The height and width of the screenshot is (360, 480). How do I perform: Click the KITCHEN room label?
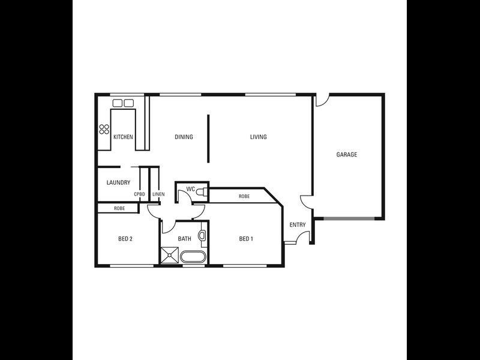123,137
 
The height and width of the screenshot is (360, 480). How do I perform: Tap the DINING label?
184,137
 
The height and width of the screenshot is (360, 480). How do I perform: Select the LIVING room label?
259,137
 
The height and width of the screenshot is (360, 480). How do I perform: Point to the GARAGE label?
346,155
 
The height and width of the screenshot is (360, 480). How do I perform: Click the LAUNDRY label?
118,183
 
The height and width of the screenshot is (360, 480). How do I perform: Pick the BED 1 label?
246,239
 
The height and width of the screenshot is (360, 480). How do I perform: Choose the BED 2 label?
125,239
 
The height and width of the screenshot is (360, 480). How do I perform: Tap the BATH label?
184,239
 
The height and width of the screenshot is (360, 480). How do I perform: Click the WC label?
190,190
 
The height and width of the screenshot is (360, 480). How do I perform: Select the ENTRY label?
298,225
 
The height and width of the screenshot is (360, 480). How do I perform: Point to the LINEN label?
158,194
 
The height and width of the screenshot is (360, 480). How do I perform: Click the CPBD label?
139,194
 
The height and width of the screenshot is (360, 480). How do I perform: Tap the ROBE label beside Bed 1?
244,197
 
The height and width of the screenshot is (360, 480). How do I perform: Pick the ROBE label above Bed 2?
119,209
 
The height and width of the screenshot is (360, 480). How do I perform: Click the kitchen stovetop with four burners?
104,128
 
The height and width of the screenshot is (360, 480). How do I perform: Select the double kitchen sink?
123,103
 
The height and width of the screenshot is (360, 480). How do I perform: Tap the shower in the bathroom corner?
170,256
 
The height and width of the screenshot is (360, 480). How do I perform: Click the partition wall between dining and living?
208,137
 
